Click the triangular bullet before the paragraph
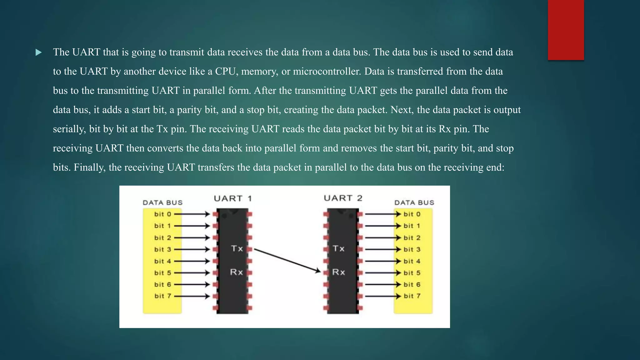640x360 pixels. click(39, 52)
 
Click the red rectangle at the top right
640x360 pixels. click(566, 30)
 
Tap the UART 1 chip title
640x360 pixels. click(233, 198)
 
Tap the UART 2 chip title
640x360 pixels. click(343, 198)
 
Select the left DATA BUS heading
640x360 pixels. click(162, 202)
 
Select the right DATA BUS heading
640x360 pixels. click(414, 202)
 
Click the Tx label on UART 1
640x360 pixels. click(237, 249)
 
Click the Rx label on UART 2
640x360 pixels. click(338, 272)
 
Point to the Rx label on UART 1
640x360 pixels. click(237, 272)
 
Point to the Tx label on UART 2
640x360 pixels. click(338, 249)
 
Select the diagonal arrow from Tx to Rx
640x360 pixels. click(287, 261)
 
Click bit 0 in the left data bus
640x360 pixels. click(162, 214)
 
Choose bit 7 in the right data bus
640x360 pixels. click(412, 296)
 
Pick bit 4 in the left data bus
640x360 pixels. click(162, 261)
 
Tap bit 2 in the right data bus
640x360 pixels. click(412, 238)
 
